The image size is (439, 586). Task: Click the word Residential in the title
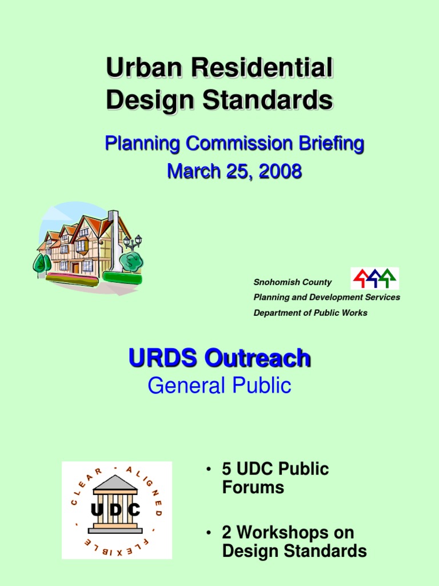click(262, 68)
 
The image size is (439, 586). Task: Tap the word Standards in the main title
click(268, 100)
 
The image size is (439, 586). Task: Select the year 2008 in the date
click(280, 171)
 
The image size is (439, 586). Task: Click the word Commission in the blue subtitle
click(240, 144)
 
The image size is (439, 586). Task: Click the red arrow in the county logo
click(361, 279)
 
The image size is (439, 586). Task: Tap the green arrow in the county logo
click(388, 278)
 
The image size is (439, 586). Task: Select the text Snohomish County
click(293, 282)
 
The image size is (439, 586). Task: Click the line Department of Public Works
click(310, 313)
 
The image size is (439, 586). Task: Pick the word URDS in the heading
click(163, 358)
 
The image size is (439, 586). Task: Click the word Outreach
click(258, 358)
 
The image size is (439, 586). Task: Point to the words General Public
click(219, 385)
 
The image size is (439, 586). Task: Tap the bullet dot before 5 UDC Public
click(209, 469)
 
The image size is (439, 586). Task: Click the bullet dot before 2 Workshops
click(209, 533)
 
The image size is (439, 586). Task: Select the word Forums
click(253, 488)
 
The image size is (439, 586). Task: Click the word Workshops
click(296, 532)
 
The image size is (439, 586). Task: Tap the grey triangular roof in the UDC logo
click(115, 482)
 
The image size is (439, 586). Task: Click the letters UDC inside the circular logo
click(115, 509)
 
